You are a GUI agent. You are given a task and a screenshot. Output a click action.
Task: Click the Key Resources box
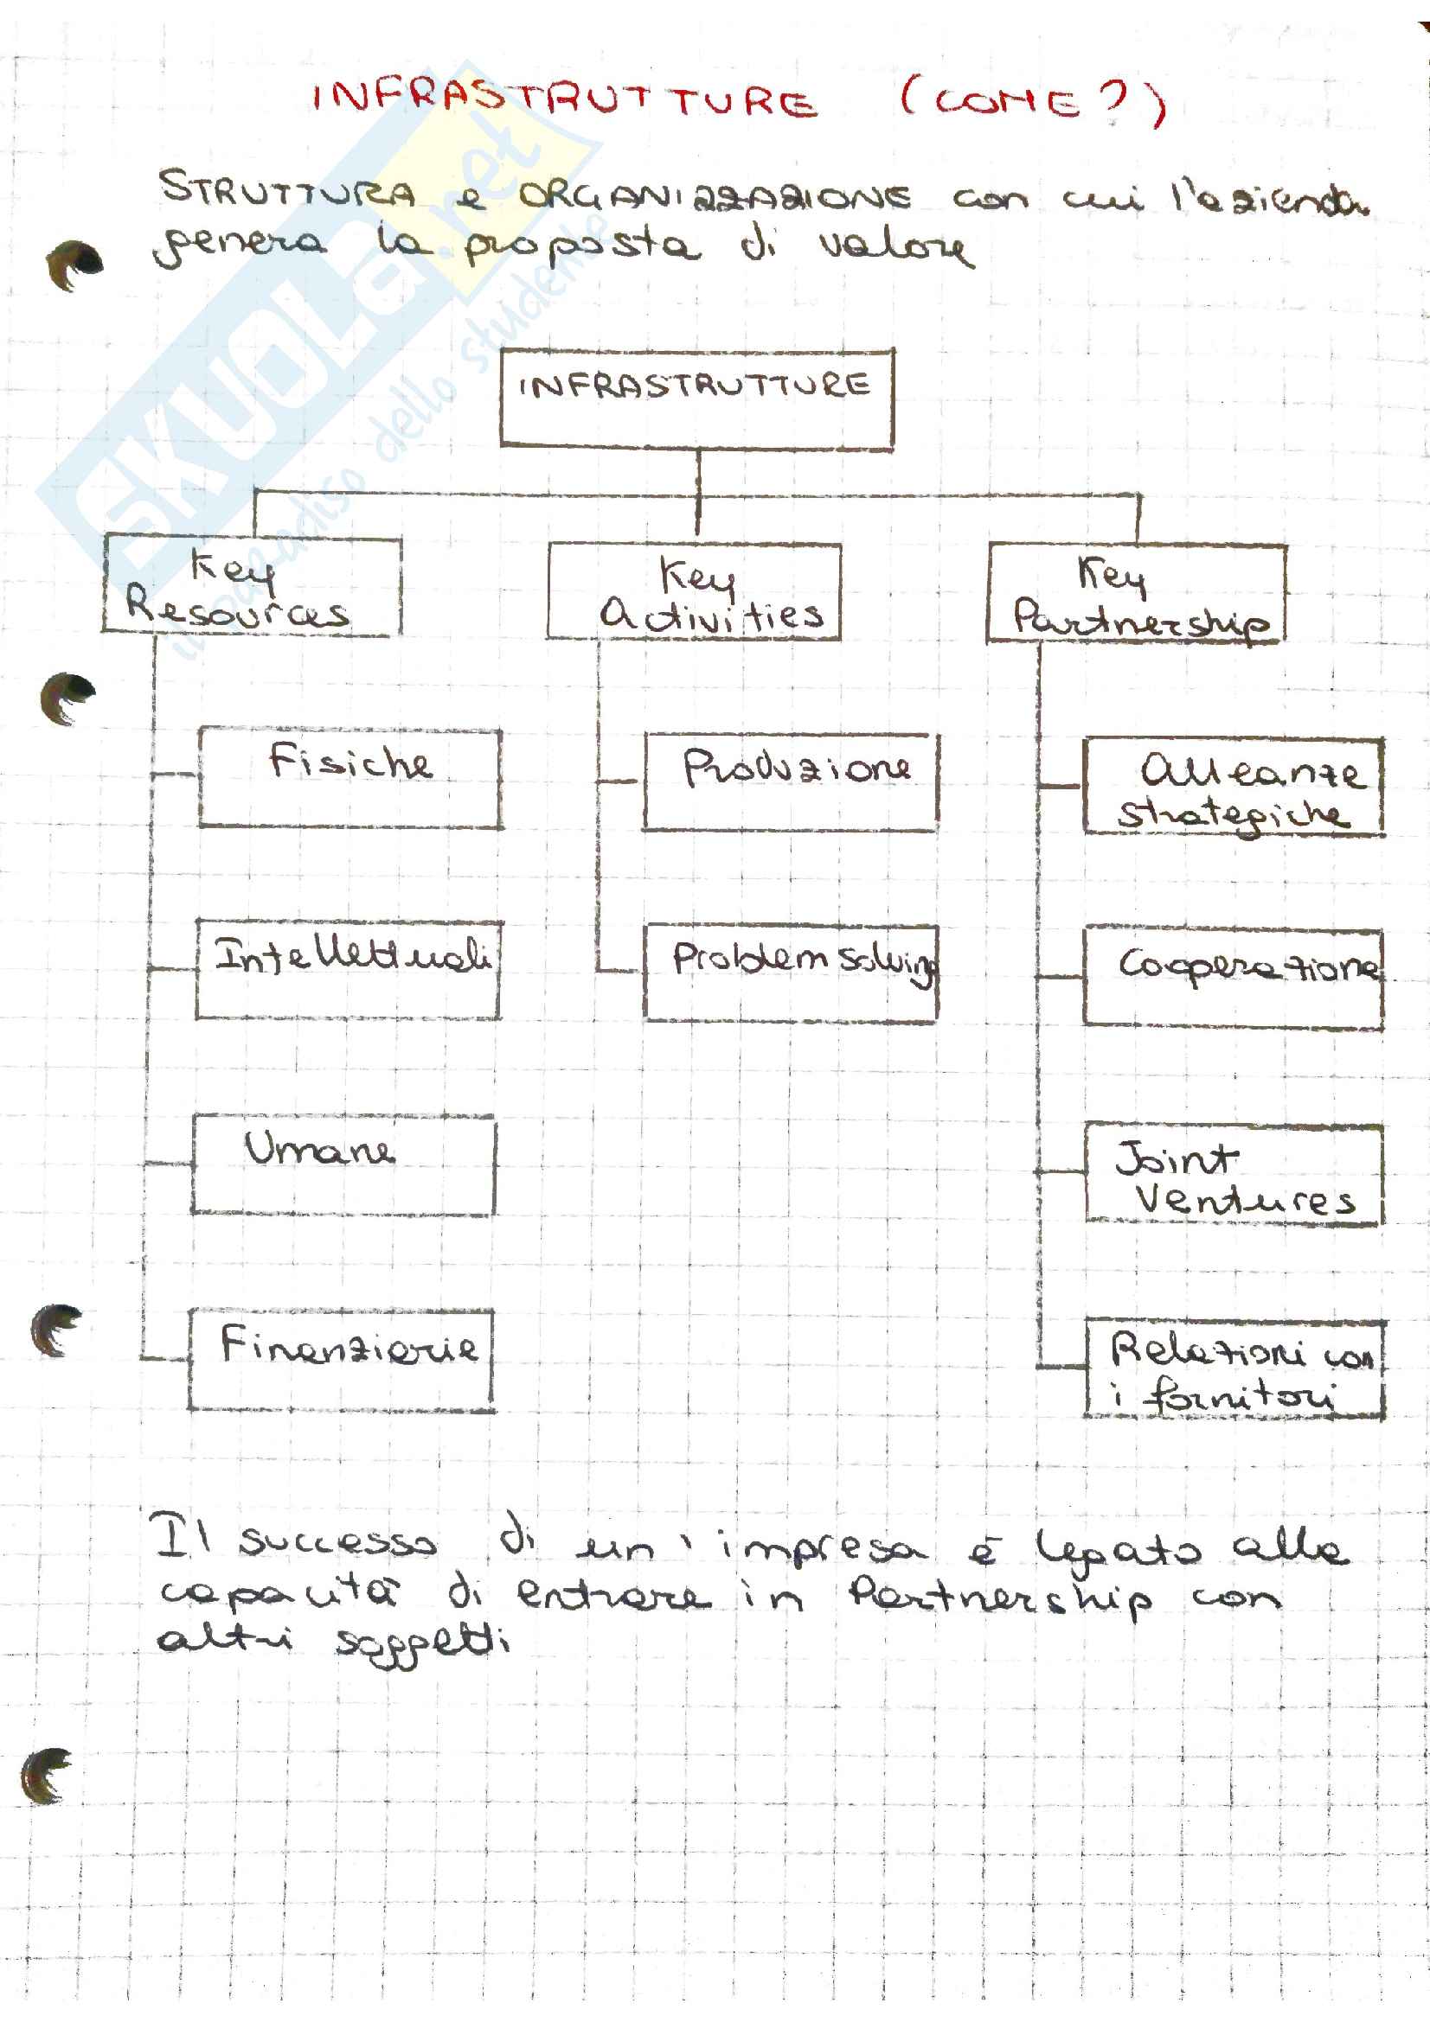[x=252, y=585]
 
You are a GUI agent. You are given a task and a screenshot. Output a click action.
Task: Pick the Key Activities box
[x=694, y=592]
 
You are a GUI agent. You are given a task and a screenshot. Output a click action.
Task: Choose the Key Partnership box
[x=1136, y=595]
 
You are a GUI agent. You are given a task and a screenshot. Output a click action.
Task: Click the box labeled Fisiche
[x=350, y=779]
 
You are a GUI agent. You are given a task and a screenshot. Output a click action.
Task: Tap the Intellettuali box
[x=349, y=971]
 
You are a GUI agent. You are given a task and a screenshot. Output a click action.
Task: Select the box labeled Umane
[x=343, y=1164]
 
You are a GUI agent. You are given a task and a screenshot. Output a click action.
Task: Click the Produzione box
[x=791, y=782]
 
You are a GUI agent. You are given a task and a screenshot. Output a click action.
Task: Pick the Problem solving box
[x=791, y=973]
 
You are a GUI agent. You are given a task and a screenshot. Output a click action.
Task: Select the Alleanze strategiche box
[x=1233, y=788]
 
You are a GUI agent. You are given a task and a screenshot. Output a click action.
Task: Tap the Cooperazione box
[x=1233, y=979]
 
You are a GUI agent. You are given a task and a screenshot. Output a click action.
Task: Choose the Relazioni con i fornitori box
[x=1234, y=1368]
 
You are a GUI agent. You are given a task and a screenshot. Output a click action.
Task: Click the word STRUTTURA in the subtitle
[x=287, y=190]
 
